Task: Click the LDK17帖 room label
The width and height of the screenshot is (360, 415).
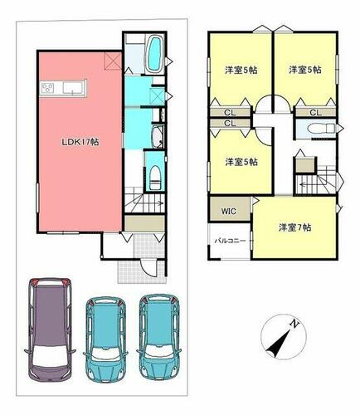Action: (x=80, y=142)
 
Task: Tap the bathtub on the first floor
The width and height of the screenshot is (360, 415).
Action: (x=155, y=53)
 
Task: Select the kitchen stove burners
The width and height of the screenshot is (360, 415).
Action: (x=47, y=89)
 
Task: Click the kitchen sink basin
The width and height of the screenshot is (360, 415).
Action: (x=73, y=88)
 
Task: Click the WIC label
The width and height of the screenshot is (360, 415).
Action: (x=229, y=212)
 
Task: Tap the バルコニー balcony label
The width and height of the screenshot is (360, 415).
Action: (x=231, y=241)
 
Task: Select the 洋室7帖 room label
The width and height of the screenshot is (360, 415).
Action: (x=294, y=227)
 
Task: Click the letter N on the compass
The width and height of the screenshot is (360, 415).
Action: (x=294, y=323)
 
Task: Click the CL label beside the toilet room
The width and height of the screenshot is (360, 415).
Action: (x=315, y=113)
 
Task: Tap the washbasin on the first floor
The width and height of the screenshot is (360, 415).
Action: (x=158, y=136)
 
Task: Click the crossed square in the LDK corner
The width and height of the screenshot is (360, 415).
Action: (x=113, y=61)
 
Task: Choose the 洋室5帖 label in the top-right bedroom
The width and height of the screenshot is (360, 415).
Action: (x=305, y=70)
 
